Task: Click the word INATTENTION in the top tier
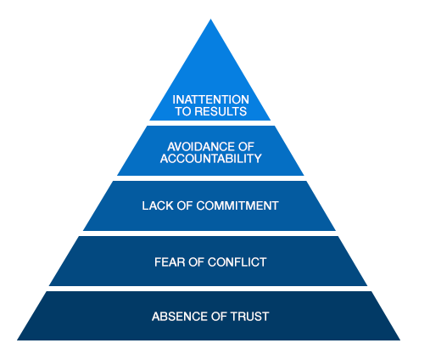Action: [x=210, y=99]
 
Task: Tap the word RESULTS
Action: [x=221, y=111]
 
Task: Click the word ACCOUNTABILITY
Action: [x=210, y=159]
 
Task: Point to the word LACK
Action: [x=158, y=205]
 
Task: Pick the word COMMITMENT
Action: [x=237, y=205]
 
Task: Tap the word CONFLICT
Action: [x=237, y=262]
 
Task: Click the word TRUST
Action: [x=249, y=317]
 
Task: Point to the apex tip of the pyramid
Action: [x=210, y=19]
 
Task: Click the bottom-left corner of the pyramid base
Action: [x=17, y=340]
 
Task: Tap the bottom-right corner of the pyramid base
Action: [x=400, y=340]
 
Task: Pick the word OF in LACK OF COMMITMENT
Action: [x=185, y=205]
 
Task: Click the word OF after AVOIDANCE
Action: [x=246, y=147]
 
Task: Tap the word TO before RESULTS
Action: [x=183, y=111]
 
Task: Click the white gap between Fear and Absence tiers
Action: [x=209, y=289]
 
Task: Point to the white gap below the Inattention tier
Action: [x=210, y=123]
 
